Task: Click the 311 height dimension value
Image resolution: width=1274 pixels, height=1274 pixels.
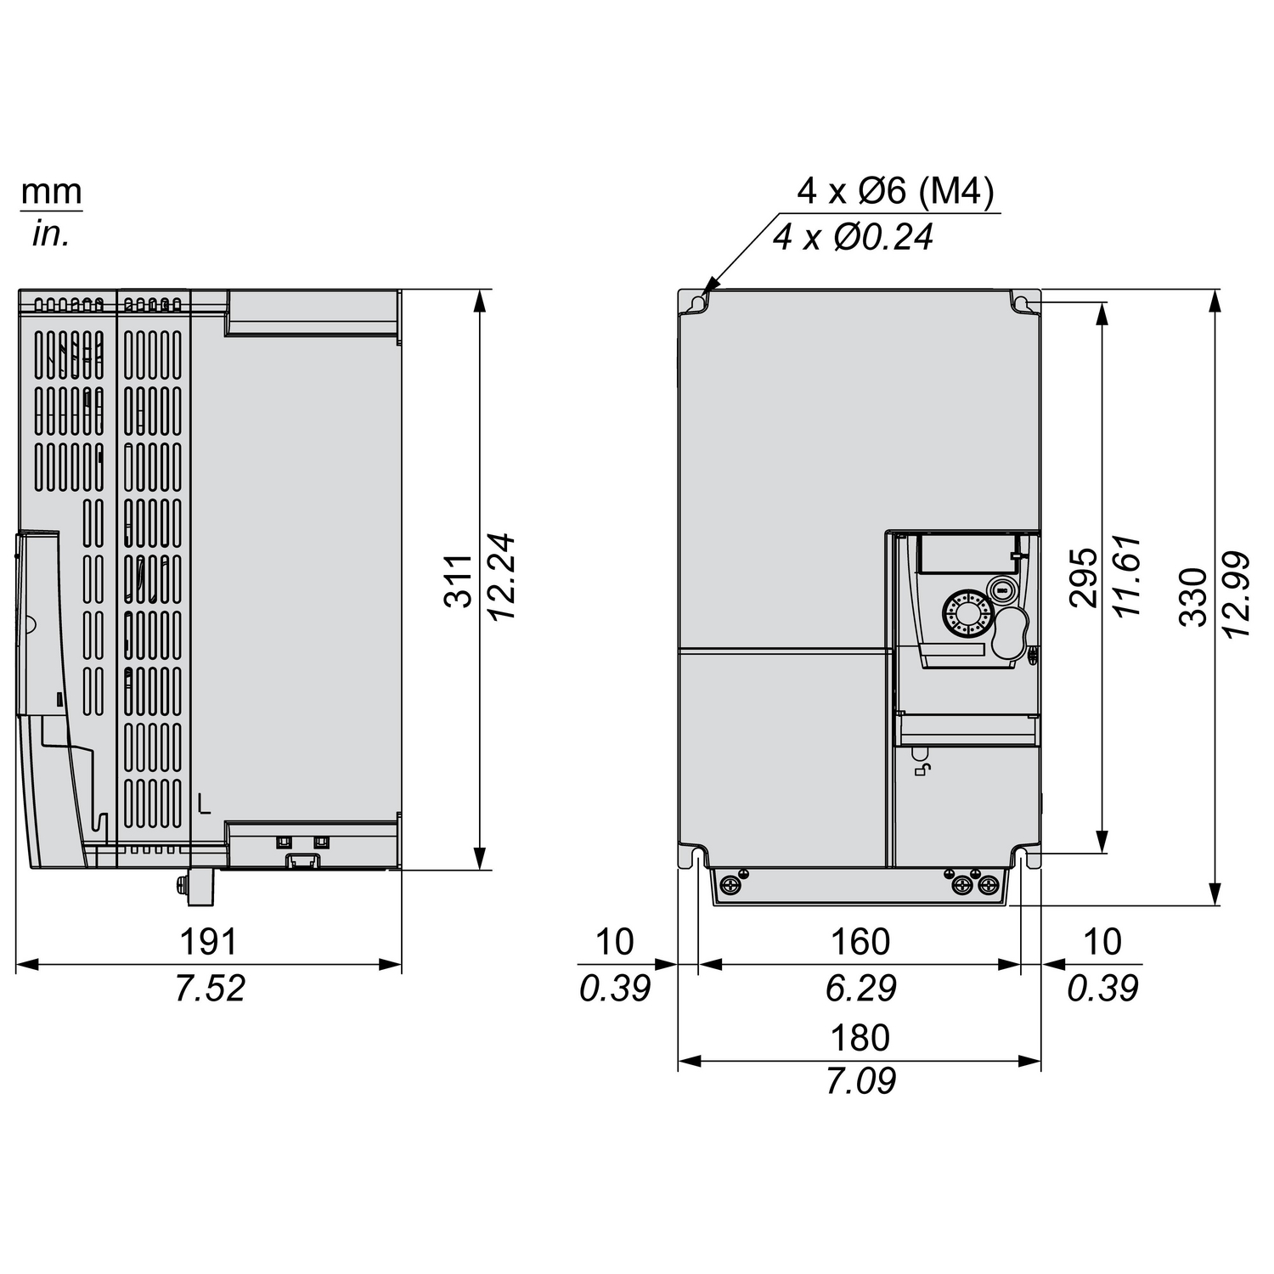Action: coord(459,580)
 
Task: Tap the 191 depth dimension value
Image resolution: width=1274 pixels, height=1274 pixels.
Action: coord(208,942)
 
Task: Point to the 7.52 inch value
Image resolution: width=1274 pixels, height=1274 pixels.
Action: coord(210,988)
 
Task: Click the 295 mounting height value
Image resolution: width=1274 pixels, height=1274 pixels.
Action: coord(1083,578)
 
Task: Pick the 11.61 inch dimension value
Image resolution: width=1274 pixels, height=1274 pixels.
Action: coord(1126,577)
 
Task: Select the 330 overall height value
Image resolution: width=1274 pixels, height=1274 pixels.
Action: coord(1193,597)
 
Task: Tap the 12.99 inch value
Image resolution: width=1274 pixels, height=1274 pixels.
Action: coord(1237,595)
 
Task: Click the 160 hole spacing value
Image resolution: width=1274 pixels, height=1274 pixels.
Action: coord(860,942)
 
